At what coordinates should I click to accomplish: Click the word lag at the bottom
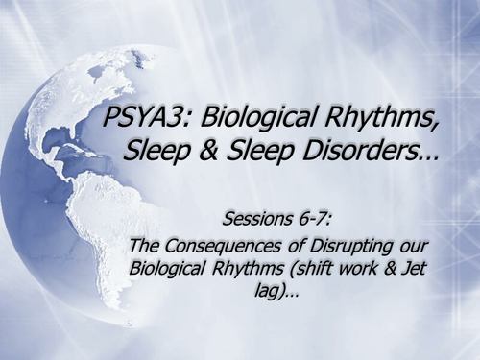click(x=271, y=291)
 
